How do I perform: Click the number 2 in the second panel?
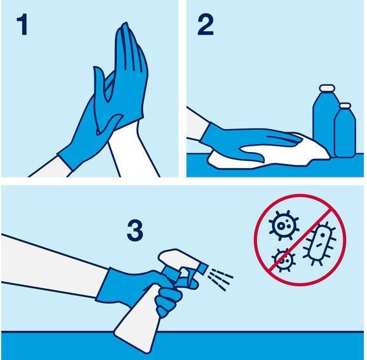(205, 25)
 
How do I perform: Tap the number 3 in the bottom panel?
(134, 230)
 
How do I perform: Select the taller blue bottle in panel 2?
(324, 121)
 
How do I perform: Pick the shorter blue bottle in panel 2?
(345, 134)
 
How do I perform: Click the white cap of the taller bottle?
(326, 88)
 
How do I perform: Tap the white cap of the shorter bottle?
(345, 106)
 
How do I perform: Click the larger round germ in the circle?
(284, 225)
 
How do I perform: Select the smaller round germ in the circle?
(284, 259)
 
